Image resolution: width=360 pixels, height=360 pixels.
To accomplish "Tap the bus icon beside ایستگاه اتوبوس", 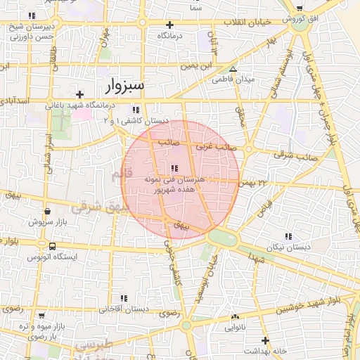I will coord(53,246).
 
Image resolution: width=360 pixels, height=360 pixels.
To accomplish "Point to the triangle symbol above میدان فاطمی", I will coord(233,69).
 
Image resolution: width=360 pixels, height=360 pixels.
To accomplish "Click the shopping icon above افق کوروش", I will coord(300,8).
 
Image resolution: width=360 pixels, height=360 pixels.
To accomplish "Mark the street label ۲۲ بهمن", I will coord(255,182).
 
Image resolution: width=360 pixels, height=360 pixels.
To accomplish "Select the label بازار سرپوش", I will coord(47,221).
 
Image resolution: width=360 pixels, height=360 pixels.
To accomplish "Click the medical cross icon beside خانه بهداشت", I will coord(265,340).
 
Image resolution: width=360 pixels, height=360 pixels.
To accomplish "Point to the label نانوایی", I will coord(235,328).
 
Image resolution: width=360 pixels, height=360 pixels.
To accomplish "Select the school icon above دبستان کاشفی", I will coord(136,110).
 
